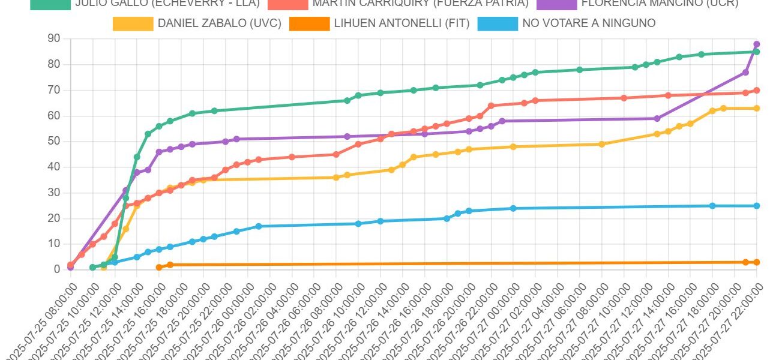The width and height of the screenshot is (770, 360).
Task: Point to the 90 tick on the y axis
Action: click(x=54, y=38)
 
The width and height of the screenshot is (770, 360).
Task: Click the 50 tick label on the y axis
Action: click(x=54, y=142)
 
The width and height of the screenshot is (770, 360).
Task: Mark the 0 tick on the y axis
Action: click(x=57, y=269)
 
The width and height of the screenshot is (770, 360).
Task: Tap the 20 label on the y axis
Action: click(x=54, y=218)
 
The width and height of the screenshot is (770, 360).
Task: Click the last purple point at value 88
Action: click(x=756, y=44)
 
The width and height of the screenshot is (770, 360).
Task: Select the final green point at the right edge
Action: click(x=756, y=52)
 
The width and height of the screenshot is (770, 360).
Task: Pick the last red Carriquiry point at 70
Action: click(x=756, y=91)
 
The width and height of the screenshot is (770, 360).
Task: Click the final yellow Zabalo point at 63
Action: click(x=756, y=109)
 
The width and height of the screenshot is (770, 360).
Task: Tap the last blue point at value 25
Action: click(x=756, y=206)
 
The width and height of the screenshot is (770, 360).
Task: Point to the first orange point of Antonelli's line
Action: click(x=159, y=267)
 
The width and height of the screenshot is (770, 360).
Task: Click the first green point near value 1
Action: click(x=92, y=267)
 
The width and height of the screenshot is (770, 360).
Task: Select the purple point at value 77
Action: click(x=745, y=73)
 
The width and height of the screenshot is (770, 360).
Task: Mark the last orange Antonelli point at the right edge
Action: click(x=756, y=262)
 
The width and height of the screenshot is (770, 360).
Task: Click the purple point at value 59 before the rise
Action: click(x=657, y=119)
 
